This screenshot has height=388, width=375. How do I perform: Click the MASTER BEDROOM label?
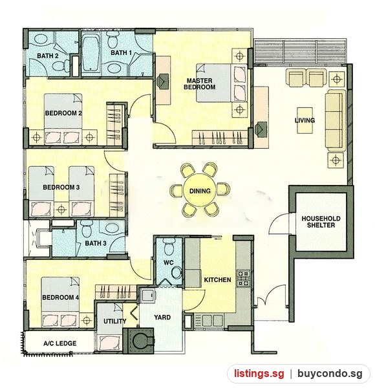click(x=199, y=84)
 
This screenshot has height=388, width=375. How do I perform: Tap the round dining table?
click(x=200, y=190)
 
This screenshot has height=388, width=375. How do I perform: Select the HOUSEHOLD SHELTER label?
click(x=321, y=222)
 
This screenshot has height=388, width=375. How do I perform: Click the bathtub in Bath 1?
click(x=91, y=54)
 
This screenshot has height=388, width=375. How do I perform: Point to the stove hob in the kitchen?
click(x=243, y=278)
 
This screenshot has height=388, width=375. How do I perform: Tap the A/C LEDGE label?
click(x=60, y=343)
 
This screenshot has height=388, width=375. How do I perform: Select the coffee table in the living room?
click(x=305, y=120)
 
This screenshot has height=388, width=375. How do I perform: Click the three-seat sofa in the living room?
click(x=335, y=120)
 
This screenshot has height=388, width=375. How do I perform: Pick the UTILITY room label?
click(x=115, y=321)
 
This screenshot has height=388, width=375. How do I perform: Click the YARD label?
click(x=162, y=318)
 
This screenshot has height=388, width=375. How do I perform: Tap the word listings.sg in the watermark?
click(x=259, y=374)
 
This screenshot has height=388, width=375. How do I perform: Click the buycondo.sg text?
click(x=330, y=374)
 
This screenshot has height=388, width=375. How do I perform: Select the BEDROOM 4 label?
click(x=60, y=297)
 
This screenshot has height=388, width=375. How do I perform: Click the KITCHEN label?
click(x=217, y=280)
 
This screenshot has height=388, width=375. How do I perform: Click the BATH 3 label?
click(x=96, y=243)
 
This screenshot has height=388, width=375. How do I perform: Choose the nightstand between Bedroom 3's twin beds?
click(x=61, y=210)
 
